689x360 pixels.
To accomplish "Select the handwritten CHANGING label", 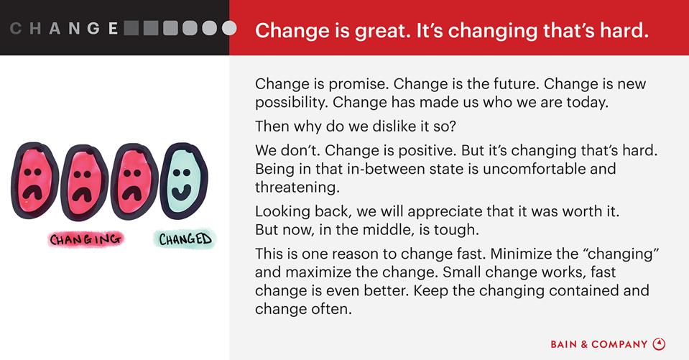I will (85, 239).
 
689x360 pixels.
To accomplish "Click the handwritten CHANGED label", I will (185, 239).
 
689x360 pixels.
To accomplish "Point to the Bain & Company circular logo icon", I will (659, 344).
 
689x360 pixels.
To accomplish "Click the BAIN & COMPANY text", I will (599, 345).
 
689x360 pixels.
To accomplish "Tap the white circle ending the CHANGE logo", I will (229, 28).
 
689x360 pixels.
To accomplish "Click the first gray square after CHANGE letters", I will (131, 28).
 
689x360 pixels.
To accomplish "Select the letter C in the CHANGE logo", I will (16, 29).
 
